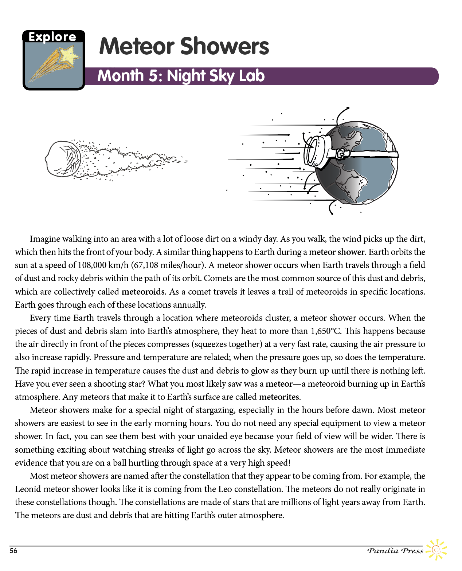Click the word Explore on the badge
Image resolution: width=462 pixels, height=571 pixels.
point(52,37)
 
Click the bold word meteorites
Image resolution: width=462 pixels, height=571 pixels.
point(279,397)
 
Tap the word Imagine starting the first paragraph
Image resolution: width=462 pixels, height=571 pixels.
point(44,239)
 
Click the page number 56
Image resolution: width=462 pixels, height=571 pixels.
point(13,551)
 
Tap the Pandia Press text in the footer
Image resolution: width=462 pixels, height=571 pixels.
point(395,551)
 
